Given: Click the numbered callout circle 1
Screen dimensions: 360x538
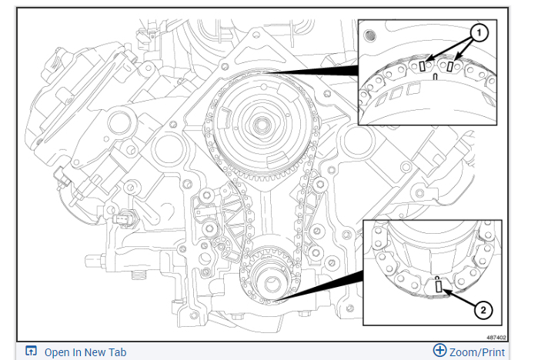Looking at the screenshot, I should coord(478,33).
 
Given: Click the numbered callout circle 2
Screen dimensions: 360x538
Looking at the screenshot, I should coord(483,310).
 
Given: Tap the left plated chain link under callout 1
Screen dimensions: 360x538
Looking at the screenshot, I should coord(421,67).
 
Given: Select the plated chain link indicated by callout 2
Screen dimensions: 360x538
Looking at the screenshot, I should coord(438,288).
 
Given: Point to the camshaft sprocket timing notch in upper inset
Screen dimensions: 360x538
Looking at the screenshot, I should coord(436,78).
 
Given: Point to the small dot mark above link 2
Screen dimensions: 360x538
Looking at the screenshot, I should coord(437,277).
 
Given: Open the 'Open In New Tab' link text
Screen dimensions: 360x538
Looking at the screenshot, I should coord(85,352).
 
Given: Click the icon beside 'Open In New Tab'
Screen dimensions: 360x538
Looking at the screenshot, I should coord(31,352).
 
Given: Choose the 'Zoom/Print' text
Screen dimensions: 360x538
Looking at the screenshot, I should coord(478,352).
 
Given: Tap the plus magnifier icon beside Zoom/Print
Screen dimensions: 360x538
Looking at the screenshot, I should coord(439,351).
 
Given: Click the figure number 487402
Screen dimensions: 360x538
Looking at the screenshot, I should coord(496,337).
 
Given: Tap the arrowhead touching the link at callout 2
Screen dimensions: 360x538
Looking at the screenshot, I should coord(445,290).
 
